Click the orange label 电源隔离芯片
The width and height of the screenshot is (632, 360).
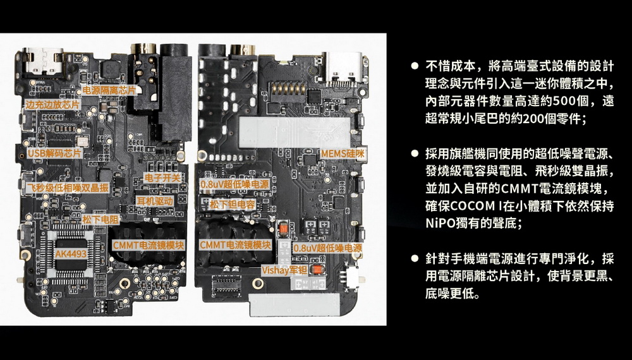tap(109, 90)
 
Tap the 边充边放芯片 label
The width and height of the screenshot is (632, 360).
tap(53, 104)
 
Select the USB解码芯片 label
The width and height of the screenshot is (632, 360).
tap(54, 153)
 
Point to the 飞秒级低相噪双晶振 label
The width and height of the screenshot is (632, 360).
tap(67, 187)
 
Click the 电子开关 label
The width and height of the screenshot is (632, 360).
tap(162, 177)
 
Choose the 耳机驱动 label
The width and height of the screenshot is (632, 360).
tap(155, 201)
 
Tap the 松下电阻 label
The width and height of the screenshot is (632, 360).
tap(100, 219)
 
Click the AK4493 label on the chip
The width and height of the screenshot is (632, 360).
tap(71, 254)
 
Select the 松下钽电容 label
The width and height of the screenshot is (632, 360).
tap(232, 205)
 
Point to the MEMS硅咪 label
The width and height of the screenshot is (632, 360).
tap(343, 153)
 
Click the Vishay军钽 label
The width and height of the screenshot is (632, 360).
tap(284, 270)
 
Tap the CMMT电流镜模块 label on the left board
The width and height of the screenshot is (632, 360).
tap(149, 245)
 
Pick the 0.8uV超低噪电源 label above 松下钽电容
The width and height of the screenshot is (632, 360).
tap(234, 184)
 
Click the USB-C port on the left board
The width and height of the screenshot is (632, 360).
tap(43, 62)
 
